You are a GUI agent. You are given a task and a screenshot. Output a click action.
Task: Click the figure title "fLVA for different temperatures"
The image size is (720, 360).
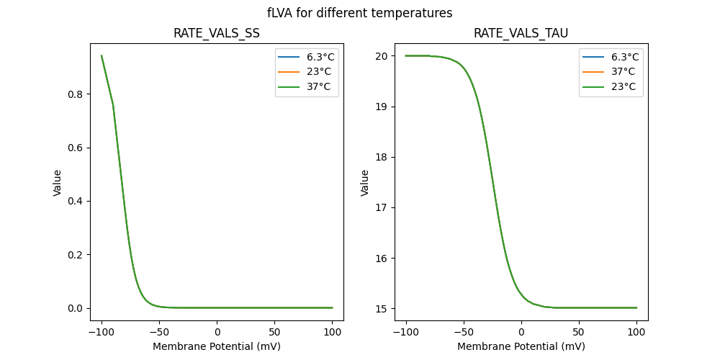(359, 13)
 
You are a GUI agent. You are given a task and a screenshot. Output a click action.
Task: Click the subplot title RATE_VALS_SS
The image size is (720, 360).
(217, 34)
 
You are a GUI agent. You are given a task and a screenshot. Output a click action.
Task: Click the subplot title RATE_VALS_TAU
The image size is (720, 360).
(521, 34)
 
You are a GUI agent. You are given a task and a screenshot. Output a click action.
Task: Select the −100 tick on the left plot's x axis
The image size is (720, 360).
(102, 331)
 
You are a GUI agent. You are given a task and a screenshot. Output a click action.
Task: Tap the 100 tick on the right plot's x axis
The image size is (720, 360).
(636, 331)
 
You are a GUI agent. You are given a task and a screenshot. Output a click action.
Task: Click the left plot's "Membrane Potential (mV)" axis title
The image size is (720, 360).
(217, 346)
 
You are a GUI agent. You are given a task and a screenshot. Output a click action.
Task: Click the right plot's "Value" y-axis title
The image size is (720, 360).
(365, 183)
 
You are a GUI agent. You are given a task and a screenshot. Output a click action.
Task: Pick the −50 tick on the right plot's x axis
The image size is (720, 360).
(464, 331)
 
